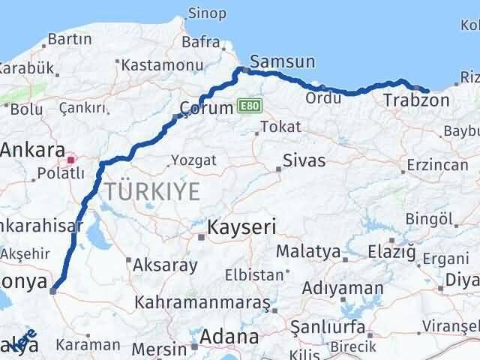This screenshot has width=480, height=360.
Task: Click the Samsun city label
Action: coord(283,62)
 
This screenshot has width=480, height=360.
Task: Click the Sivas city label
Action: coord(304,160)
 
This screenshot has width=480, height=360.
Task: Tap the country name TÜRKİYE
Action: coord(152,192)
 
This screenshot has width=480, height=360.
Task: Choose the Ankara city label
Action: coord(33,150)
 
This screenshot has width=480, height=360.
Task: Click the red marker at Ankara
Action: coord(71,159)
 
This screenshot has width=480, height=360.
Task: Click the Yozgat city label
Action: coord(193,160)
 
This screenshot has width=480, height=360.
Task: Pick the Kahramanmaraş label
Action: coord(202,302)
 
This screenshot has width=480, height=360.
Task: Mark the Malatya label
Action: coord(307,251)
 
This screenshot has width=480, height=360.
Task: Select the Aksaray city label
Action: coord(165,265)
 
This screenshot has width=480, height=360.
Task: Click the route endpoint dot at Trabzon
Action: coord(427,91)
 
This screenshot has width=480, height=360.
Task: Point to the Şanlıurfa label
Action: coord(332,328)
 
